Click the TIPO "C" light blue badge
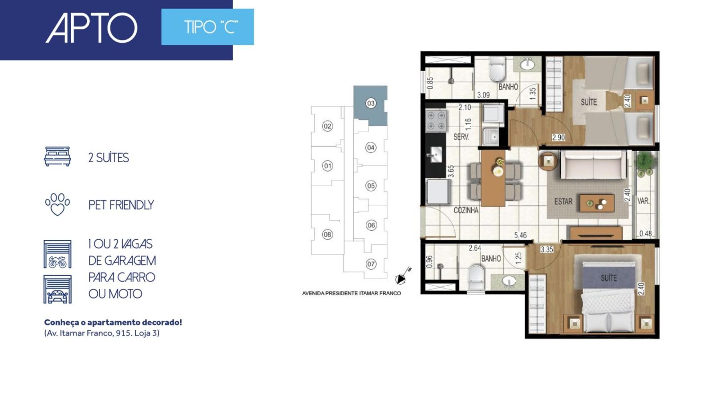point(207,27)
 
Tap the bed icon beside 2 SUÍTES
point(57,156)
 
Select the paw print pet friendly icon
point(57,204)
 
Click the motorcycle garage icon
point(57,254)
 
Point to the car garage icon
point(57,289)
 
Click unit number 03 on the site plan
point(371,103)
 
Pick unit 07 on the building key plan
point(371,264)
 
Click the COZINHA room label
point(466,210)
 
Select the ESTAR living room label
point(563,201)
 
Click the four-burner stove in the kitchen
point(436,120)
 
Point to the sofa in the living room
point(593,164)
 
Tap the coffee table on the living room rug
point(597,203)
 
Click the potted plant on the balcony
point(645,163)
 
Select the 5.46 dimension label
point(520,235)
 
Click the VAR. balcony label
point(643,201)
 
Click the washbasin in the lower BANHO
point(509,281)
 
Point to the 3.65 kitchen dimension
point(451,172)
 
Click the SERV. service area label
point(461,137)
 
